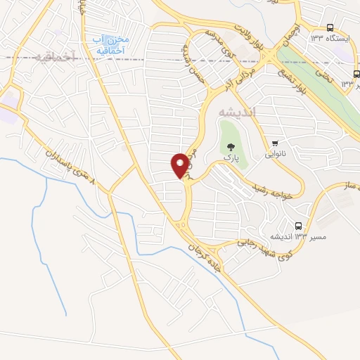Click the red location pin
point(180,165)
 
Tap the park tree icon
point(231,147)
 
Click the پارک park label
point(231,159)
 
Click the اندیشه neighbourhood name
point(237,112)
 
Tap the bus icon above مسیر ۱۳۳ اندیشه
point(299,226)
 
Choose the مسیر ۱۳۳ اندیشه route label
point(309,238)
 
